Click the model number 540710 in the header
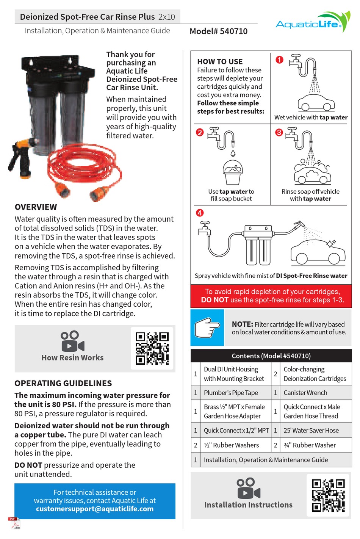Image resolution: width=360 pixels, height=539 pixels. coord(219,31)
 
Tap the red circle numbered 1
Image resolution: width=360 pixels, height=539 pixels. coord(279,60)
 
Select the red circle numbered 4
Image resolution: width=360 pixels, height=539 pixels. coord(200,213)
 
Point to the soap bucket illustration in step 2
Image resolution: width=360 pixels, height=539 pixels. coord(233,172)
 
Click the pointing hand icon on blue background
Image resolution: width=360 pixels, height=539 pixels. coord(207,327)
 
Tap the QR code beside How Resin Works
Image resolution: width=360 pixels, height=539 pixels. coord(152,348)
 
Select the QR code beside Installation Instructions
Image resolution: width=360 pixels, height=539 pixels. coord(328,495)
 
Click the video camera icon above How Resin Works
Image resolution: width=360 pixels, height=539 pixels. coord(72,341)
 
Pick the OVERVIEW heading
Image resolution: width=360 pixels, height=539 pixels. coord(36,207)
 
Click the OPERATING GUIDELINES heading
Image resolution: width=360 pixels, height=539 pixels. coord(63,383)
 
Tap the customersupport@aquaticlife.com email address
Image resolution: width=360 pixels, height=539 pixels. coord(95,509)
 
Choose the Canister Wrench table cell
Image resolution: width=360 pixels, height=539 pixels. coord(305,393)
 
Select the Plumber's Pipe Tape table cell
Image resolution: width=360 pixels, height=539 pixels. coord(231,393)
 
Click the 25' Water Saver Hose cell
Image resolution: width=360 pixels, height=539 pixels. coord(311,430)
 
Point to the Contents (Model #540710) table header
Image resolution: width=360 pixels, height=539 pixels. coord(271,356)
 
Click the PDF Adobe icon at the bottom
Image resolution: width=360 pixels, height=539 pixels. coord(14,522)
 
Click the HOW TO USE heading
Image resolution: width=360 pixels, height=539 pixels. coord(220,61)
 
